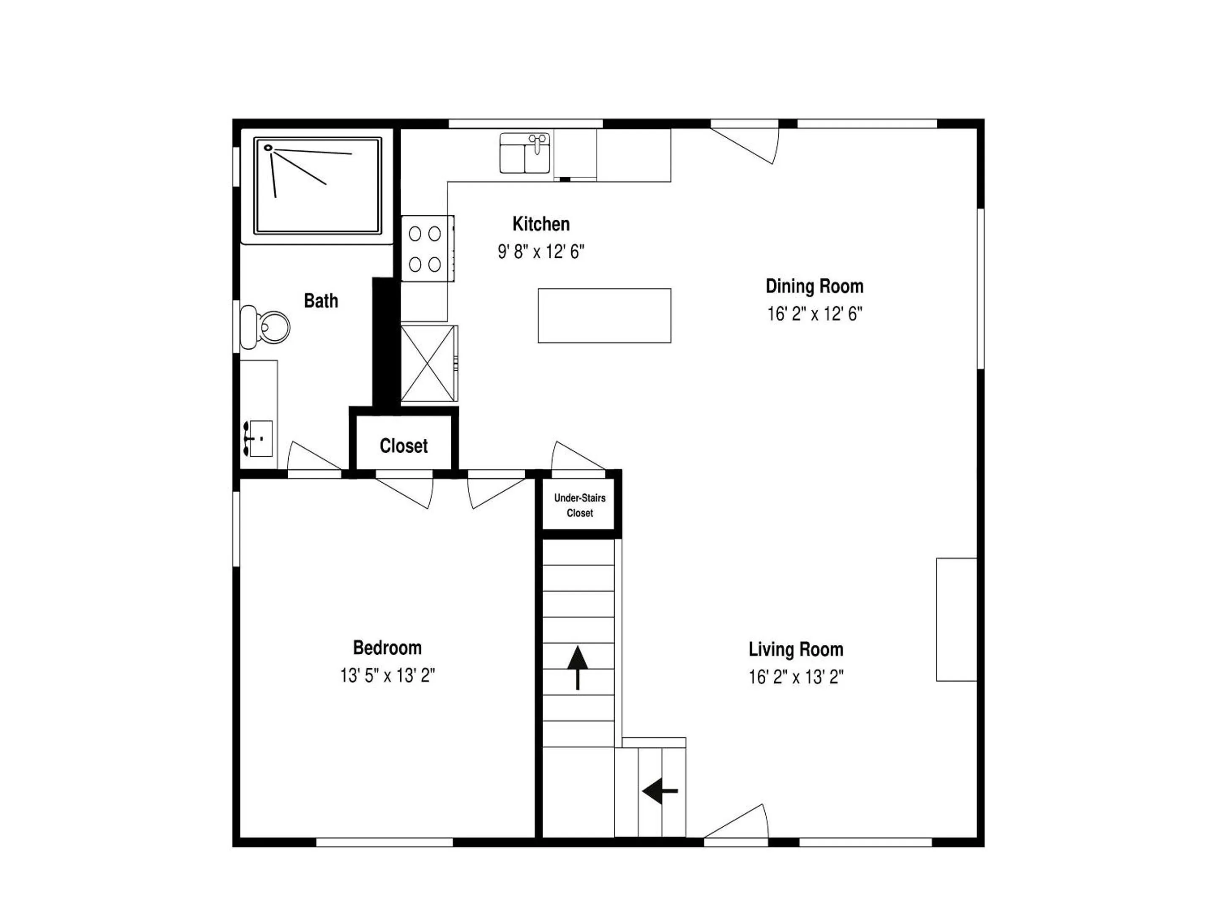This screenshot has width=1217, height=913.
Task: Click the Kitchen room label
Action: pyautogui.click(x=541, y=224)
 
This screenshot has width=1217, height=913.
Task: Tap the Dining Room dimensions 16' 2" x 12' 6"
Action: pyautogui.click(x=814, y=314)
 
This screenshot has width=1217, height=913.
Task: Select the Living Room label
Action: pyautogui.click(x=796, y=649)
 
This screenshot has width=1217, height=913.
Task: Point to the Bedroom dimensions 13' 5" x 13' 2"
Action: pyautogui.click(x=387, y=675)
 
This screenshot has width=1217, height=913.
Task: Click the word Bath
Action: pyautogui.click(x=321, y=301)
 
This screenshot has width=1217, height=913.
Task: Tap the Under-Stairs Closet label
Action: pyautogui.click(x=580, y=505)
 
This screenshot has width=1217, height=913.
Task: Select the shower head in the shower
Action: pyautogui.click(x=268, y=148)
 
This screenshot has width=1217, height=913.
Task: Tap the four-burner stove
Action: pyautogui.click(x=427, y=249)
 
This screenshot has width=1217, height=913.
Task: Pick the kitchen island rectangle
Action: pyautogui.click(x=604, y=316)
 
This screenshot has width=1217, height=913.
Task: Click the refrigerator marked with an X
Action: pyautogui.click(x=428, y=363)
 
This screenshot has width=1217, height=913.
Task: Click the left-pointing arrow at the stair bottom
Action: pyautogui.click(x=660, y=791)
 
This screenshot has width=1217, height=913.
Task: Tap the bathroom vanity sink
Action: pyautogui.click(x=259, y=439)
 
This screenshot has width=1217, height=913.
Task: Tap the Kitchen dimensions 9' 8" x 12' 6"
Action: pyautogui.click(x=541, y=252)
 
